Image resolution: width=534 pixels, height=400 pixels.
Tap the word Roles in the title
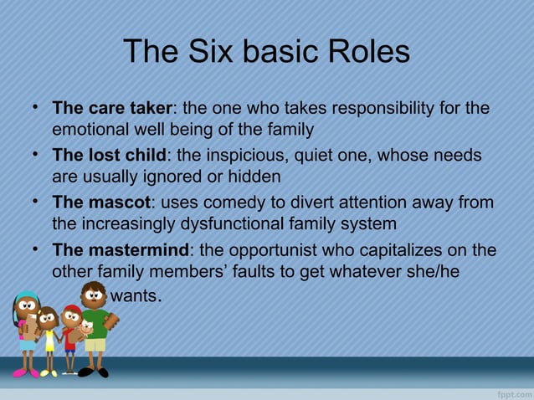[362, 53]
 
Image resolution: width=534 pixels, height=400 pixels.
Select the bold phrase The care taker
[112, 109]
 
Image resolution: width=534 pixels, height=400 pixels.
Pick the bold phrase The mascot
[102, 203]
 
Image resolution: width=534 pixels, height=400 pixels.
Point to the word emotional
[89, 131]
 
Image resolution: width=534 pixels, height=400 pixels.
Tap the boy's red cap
[73, 310]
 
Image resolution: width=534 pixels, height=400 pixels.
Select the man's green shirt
[97, 322]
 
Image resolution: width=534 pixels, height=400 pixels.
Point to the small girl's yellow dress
[49, 340]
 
